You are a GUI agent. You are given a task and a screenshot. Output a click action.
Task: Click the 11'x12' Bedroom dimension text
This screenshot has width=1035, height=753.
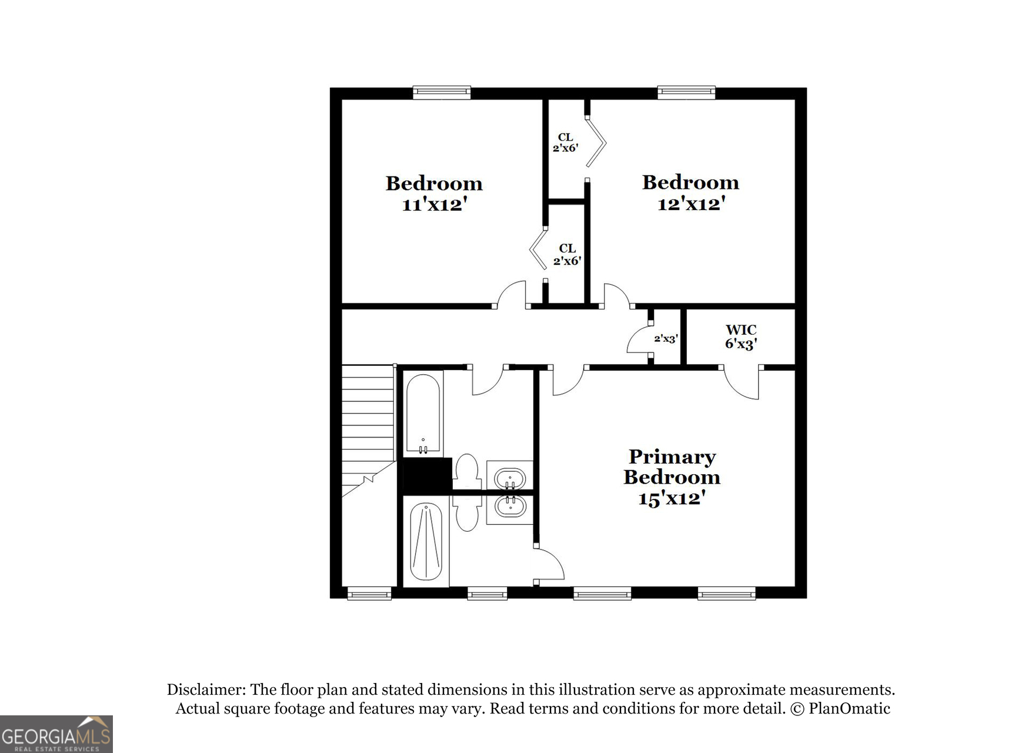[x=434, y=205]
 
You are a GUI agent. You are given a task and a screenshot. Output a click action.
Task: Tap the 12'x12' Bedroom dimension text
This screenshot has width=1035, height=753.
[x=690, y=204]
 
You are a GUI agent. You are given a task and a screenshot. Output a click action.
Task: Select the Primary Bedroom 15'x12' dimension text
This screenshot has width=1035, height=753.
[x=672, y=498]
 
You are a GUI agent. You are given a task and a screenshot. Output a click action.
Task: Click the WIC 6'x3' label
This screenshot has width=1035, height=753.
[x=740, y=337]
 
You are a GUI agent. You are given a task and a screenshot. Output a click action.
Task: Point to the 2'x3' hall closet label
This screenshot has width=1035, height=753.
[x=666, y=339]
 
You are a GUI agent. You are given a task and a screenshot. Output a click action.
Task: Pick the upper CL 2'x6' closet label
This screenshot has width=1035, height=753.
[x=565, y=143]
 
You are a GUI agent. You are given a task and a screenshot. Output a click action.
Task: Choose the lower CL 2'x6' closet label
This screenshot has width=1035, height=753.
[x=567, y=255]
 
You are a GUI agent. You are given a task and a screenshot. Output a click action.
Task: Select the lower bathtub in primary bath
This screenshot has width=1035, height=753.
[x=426, y=541]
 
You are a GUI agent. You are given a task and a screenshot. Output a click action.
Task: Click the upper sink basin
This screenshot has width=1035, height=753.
[x=509, y=478]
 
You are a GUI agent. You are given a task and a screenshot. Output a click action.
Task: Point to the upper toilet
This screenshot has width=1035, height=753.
[x=468, y=471]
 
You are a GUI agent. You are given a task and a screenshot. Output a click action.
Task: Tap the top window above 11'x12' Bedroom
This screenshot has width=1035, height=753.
[x=442, y=92]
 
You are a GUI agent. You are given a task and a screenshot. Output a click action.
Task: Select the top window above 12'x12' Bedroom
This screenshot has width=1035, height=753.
[x=686, y=92]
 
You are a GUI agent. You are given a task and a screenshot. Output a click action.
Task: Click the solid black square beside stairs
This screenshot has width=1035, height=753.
[x=425, y=476]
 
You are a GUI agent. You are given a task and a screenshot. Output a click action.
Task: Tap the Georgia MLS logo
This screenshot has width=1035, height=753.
[x=56, y=734]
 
